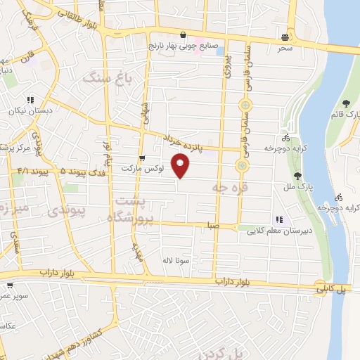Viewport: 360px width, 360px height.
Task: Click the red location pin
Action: tap(181, 165)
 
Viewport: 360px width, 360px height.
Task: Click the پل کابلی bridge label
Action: tap(328, 288)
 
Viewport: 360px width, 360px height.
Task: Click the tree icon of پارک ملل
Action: tap(298, 176)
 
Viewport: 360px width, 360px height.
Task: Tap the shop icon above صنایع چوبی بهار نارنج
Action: tap(183, 34)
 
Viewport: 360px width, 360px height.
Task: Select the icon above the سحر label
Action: tap(285, 37)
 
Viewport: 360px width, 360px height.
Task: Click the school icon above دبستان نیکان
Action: tap(30, 100)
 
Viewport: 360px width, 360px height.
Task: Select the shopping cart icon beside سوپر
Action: tap(10, 286)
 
